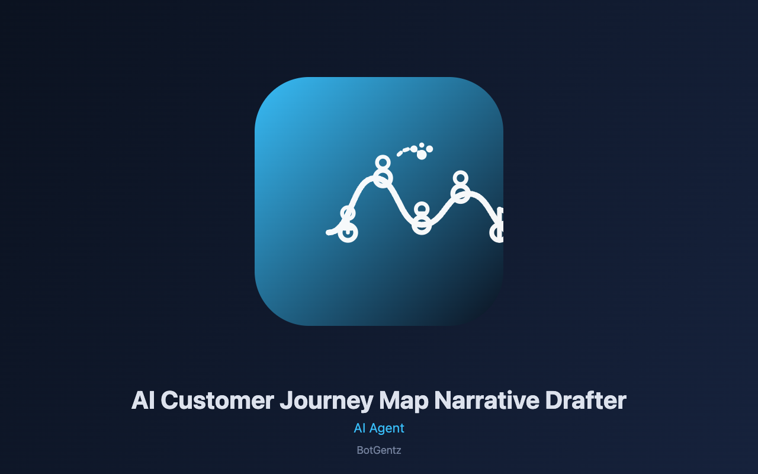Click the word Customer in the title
pos(217,401)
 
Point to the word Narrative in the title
pos(487,401)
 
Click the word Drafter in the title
pos(586,401)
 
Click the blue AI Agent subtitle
pos(379,428)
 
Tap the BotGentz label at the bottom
pos(379,450)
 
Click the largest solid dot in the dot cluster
pos(422,155)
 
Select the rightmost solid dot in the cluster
pos(429,149)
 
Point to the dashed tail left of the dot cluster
pos(403,151)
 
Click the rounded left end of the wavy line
pos(328,233)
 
